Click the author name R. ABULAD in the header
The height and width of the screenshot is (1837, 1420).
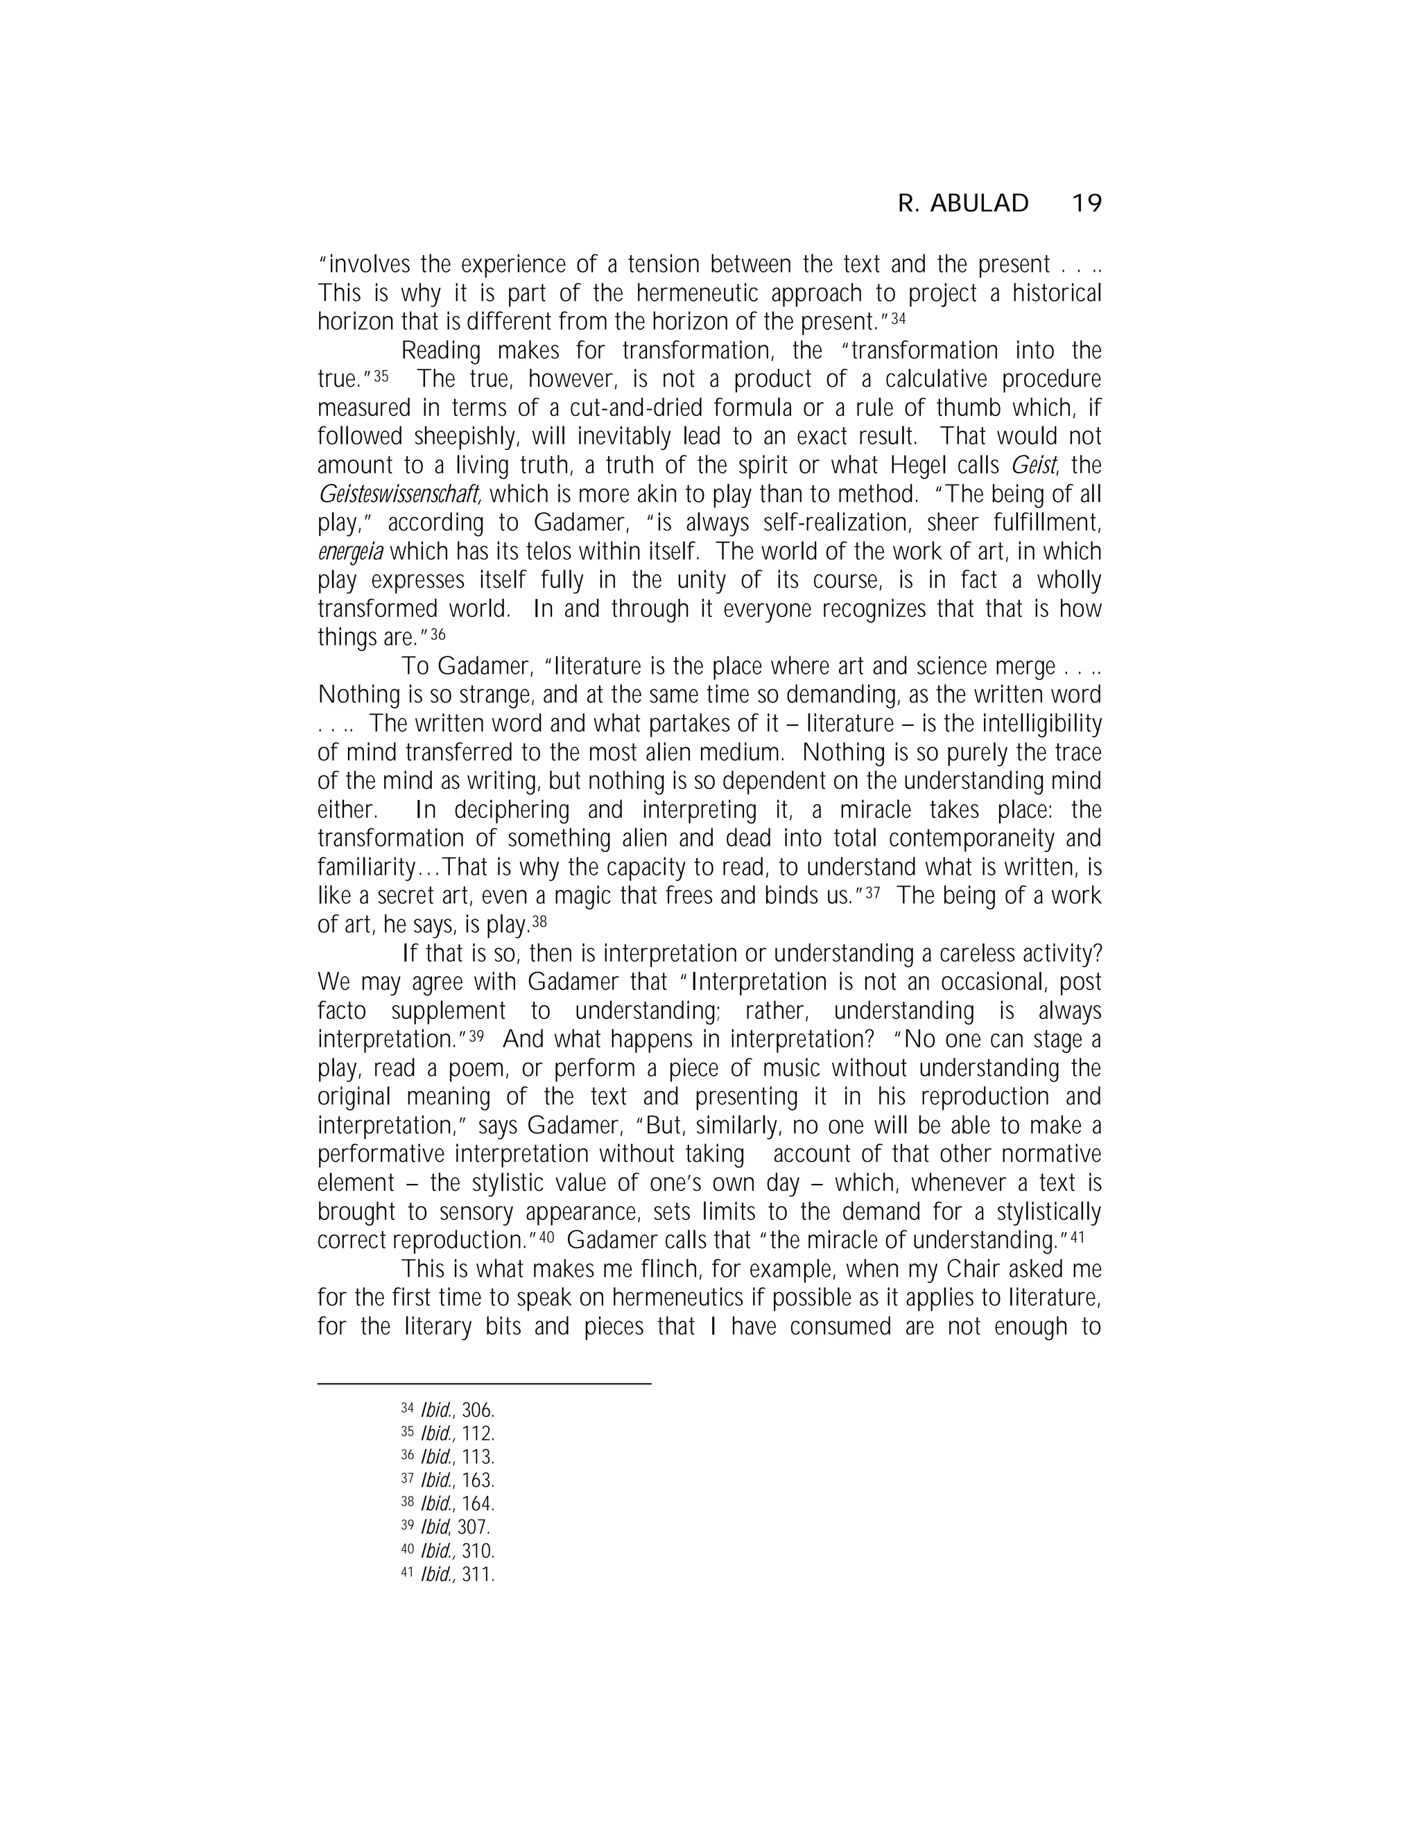963,204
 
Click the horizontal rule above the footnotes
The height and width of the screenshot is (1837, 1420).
484,1383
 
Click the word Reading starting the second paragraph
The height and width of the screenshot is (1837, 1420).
442,351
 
